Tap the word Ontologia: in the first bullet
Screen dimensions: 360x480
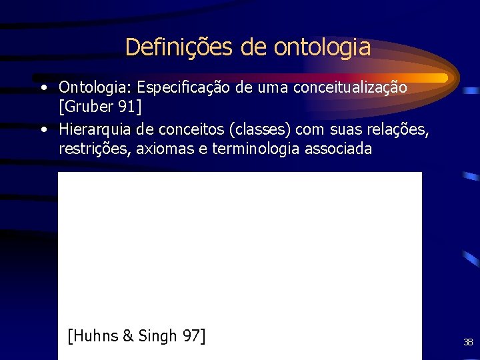click(x=95, y=87)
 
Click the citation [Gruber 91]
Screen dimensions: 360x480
click(x=100, y=107)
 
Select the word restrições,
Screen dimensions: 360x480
click(x=95, y=148)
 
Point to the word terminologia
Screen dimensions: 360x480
click(x=256, y=148)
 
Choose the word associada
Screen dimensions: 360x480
click(x=338, y=148)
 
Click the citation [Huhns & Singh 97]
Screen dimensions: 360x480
click(x=137, y=336)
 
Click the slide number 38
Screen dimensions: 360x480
click(x=468, y=343)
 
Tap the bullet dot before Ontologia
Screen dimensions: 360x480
click(x=43, y=87)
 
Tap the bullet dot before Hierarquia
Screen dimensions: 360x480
click(x=43, y=128)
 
